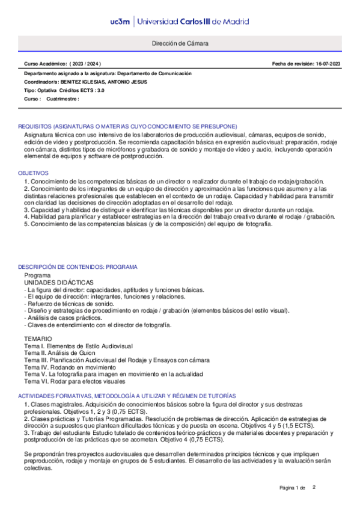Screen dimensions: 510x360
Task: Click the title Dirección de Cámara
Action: (180, 44)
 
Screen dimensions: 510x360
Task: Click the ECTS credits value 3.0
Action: (100, 90)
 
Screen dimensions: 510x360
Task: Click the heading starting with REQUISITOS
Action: (127, 126)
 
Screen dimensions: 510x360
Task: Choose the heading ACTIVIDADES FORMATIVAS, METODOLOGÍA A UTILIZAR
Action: (127, 395)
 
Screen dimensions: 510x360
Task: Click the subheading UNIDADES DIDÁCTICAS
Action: (58, 281)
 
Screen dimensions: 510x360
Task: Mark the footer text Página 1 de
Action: (293, 487)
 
